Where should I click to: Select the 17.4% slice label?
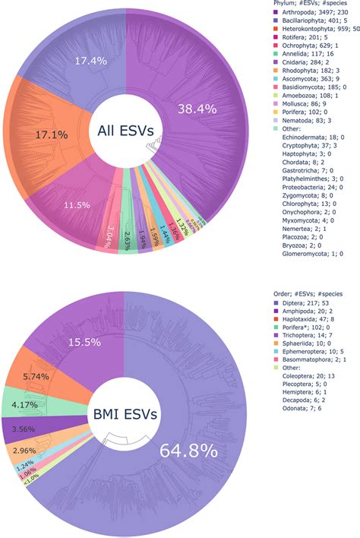pyautogui.click(x=90, y=59)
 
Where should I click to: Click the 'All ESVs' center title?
pyautogui.click(x=126, y=131)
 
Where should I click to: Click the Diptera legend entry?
pyautogui.click(x=308, y=304)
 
